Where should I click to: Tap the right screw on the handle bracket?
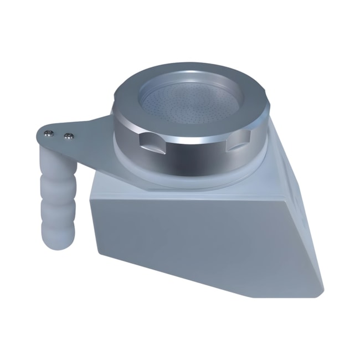(x=69, y=135)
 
